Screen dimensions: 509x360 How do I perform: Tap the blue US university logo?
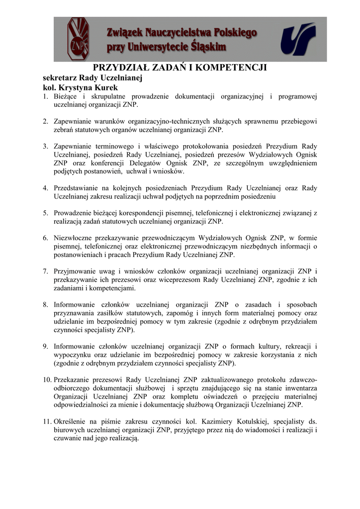pyautogui.click(x=298, y=38)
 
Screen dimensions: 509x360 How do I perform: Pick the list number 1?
pyautogui.click(x=45, y=96)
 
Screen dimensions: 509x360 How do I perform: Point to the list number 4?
pyautogui.click(x=45, y=188)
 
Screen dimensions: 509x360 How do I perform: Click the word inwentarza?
pyautogui.click(x=299, y=389)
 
